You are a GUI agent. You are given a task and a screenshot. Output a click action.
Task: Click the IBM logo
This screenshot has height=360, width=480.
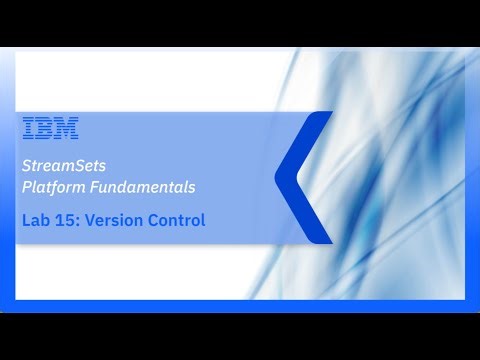(x=50, y=128)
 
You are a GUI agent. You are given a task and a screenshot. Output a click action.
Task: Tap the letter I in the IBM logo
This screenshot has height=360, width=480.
(x=27, y=128)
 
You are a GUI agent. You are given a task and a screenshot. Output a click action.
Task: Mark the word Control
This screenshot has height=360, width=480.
(x=178, y=220)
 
